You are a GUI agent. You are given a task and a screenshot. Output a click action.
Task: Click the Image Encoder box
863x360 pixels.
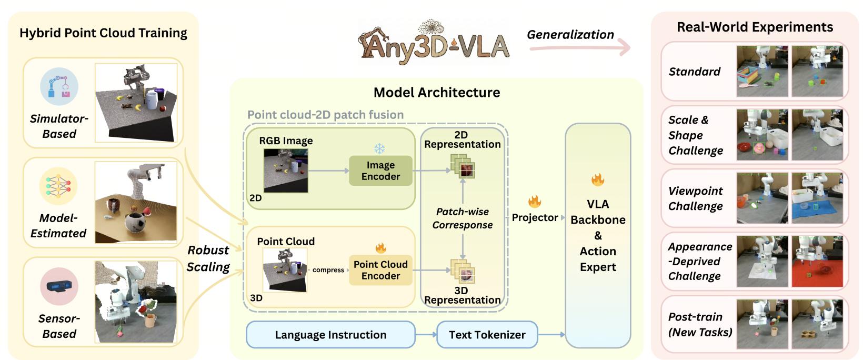[x=380, y=171]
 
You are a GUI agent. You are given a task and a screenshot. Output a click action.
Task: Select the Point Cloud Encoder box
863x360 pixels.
[x=380, y=270]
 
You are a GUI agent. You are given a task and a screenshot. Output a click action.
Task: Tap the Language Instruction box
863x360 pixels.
[x=330, y=335]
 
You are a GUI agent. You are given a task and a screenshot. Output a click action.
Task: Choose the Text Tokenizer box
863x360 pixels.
[x=487, y=335]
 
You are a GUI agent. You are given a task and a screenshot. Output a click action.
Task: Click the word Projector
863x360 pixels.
[x=535, y=218]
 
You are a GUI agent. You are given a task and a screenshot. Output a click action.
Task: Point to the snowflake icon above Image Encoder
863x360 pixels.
[x=379, y=148]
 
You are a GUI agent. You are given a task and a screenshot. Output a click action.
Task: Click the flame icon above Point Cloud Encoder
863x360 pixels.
[x=380, y=248]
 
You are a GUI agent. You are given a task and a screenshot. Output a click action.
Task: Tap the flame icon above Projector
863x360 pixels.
[x=535, y=201]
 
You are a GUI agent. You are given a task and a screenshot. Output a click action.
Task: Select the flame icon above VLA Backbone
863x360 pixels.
[x=598, y=179]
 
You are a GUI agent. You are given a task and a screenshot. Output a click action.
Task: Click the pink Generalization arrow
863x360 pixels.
[x=580, y=48]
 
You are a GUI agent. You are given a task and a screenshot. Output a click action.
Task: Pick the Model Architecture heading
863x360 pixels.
[x=437, y=93]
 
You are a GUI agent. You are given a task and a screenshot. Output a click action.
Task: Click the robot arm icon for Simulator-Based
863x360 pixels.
[x=59, y=87]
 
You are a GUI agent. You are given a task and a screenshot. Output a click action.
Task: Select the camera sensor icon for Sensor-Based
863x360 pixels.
[x=59, y=286]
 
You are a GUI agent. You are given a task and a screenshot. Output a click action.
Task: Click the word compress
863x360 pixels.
[x=328, y=270]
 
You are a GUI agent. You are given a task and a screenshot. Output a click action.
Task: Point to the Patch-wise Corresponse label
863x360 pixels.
[x=463, y=218]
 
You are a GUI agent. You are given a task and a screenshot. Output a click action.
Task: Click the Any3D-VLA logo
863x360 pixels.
[x=434, y=43]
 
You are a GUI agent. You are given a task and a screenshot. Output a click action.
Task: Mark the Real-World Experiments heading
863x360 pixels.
[x=755, y=27]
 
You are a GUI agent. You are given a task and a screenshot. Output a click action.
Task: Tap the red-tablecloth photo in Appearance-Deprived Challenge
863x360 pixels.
[x=817, y=262]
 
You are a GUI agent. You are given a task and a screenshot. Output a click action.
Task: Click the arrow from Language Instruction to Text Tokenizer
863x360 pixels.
[x=426, y=335]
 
